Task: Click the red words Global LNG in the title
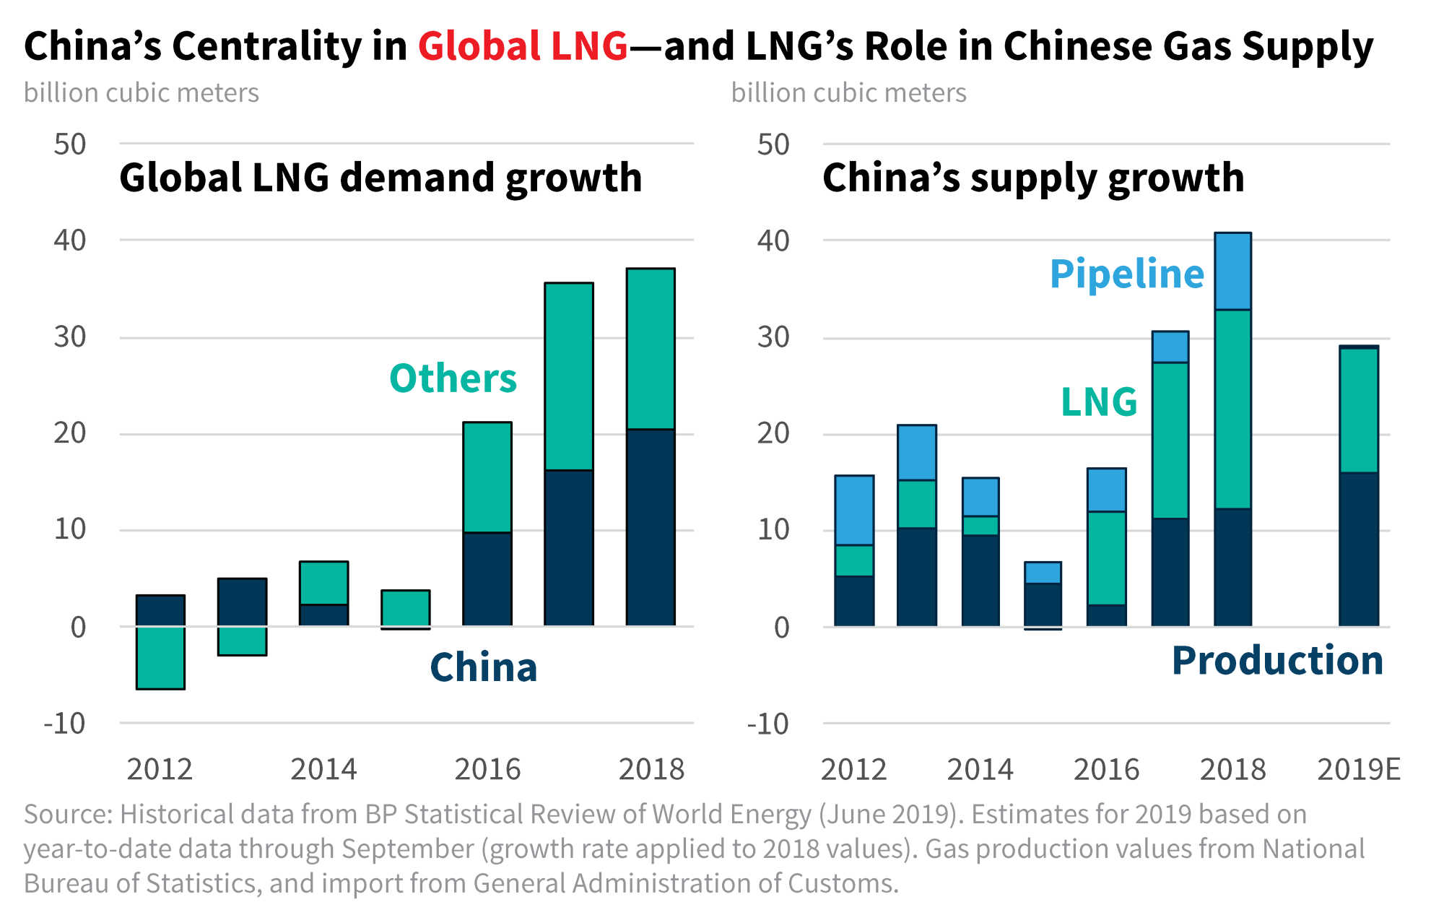pos(523,46)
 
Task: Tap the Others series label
pos(453,378)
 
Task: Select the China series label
pos(483,667)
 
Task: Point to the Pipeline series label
pos(1126,274)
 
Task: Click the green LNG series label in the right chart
pos(1098,402)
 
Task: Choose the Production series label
pos(1276,660)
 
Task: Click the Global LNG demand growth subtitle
pos(380,178)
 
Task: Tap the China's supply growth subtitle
pos(1033,178)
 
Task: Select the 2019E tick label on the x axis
pos(1358,770)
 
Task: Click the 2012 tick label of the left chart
pos(160,770)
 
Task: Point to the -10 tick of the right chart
pos(768,724)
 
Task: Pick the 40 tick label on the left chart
pos(70,240)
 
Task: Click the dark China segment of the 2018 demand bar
pos(651,527)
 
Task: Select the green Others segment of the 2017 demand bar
pos(569,376)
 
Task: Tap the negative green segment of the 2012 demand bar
pos(160,658)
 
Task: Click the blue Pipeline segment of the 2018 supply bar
pos(1232,272)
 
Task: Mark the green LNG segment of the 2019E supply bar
pos(1358,410)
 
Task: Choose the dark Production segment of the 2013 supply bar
pos(917,576)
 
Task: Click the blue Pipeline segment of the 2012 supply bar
pos(854,510)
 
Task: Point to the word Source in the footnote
pos(67,815)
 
